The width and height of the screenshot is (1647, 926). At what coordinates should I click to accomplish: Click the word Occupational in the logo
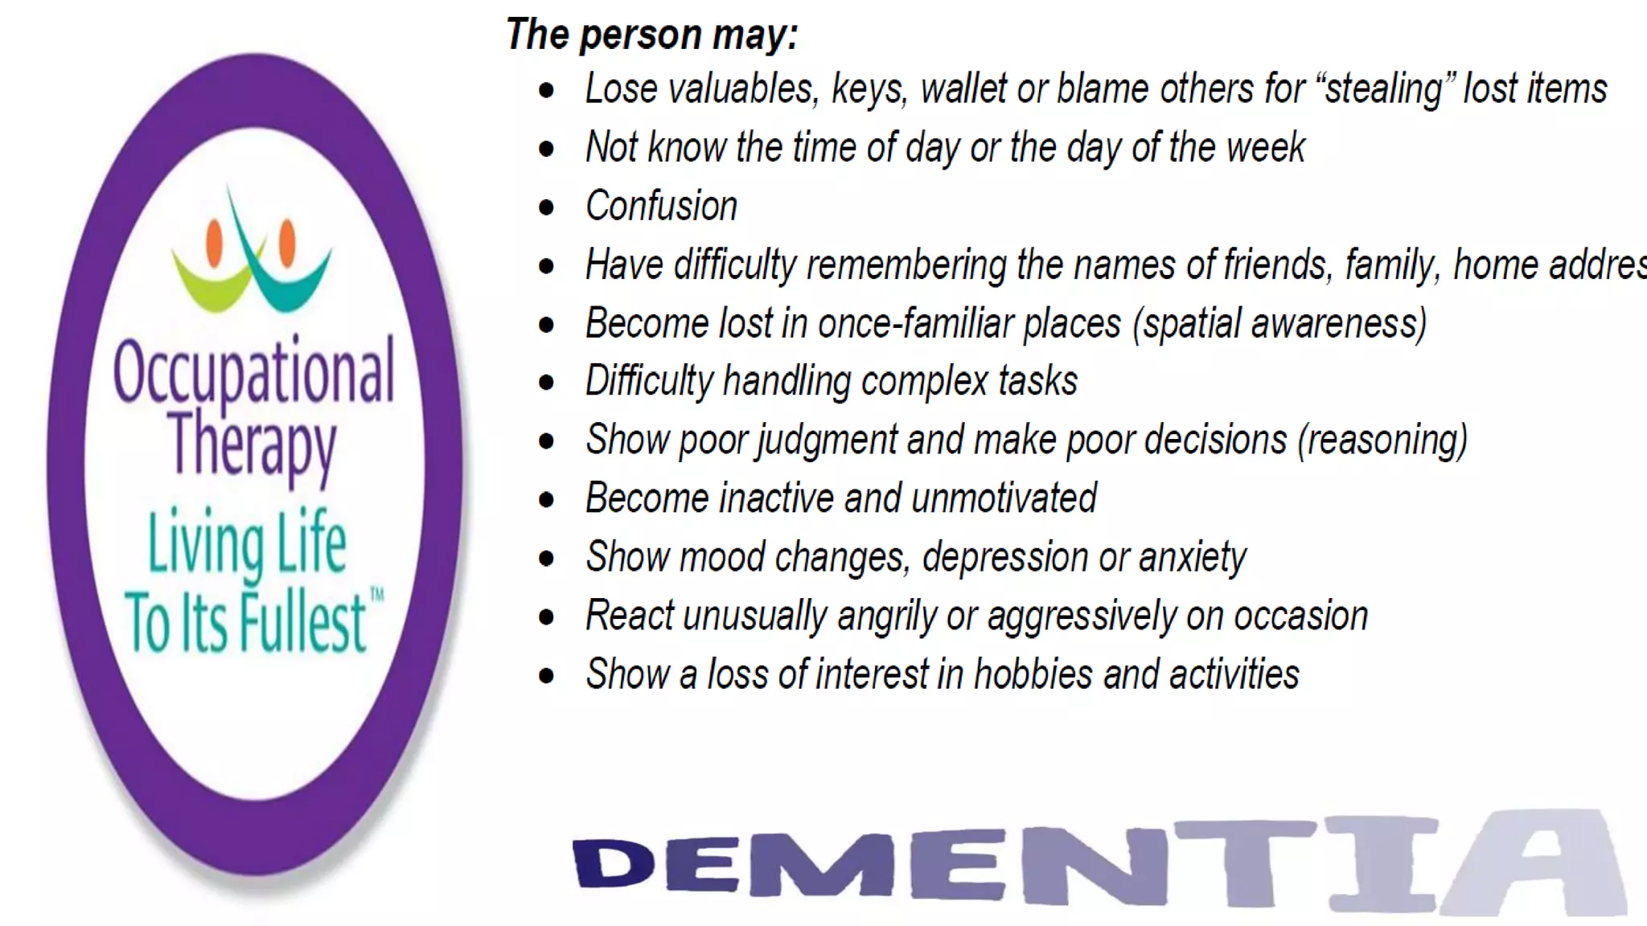[253, 371]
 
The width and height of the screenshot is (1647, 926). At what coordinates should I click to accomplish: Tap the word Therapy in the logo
[252, 445]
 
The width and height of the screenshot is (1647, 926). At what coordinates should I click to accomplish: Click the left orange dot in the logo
[214, 243]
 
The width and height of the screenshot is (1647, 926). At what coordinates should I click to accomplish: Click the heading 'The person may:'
[652, 35]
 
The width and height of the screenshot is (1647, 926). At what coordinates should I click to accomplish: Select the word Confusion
[661, 206]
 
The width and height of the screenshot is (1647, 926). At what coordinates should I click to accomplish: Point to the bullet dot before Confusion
[547, 207]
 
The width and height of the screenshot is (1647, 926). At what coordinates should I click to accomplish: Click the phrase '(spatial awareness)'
[1279, 324]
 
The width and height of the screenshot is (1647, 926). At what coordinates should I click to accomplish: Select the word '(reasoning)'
[1382, 440]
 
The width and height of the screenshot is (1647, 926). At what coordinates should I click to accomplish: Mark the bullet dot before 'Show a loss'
[547, 676]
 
